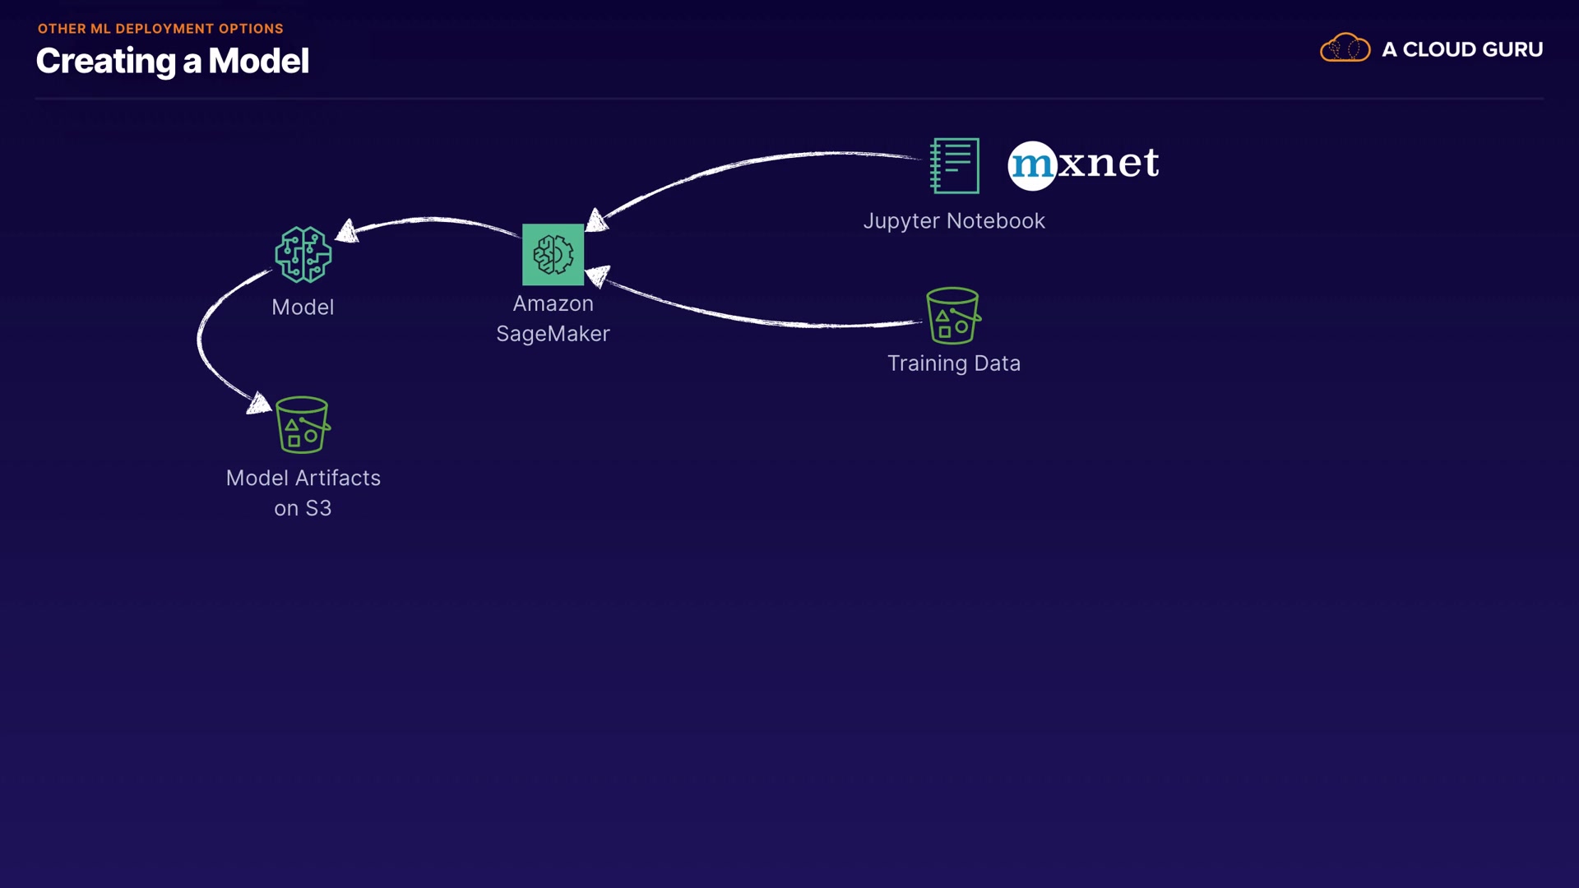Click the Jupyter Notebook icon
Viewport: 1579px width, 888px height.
(955, 166)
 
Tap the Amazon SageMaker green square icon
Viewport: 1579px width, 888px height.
(553, 255)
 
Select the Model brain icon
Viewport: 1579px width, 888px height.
(303, 255)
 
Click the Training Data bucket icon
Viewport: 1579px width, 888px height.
(953, 316)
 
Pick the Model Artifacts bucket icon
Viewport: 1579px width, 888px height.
(303, 425)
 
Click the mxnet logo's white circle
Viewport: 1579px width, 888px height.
(1032, 165)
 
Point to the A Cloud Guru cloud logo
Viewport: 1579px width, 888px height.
(1345, 49)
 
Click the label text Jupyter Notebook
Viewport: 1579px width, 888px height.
(954, 221)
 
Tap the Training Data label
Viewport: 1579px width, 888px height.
(954, 363)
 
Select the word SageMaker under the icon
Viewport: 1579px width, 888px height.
(553, 334)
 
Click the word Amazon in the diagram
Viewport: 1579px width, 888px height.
(553, 303)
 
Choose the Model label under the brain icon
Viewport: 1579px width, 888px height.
(303, 308)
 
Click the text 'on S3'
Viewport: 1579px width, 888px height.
(303, 508)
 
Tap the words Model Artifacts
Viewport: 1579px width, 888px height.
(303, 479)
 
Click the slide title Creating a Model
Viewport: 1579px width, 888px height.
(173, 61)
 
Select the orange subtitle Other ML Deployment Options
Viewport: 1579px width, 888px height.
(160, 29)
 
